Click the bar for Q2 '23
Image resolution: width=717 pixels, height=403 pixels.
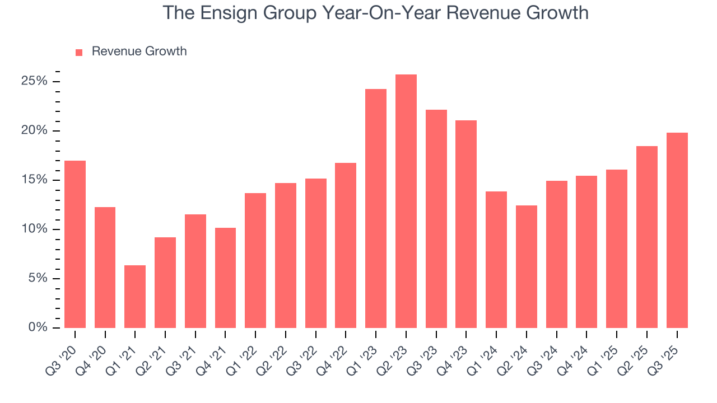(x=406, y=201)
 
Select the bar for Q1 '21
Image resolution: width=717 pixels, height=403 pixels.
(x=135, y=297)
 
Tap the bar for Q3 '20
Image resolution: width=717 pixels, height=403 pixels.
(x=75, y=244)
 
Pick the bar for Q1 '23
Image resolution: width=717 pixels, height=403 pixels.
(x=376, y=208)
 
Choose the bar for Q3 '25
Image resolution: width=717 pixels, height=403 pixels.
(x=677, y=230)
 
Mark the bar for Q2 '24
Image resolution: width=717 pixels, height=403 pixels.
(x=527, y=266)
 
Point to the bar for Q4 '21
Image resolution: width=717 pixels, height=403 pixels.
(x=225, y=278)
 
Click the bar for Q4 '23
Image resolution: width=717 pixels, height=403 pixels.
(x=466, y=224)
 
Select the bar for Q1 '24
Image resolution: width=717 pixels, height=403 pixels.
(x=496, y=260)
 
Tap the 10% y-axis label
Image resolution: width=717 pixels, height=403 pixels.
(x=35, y=229)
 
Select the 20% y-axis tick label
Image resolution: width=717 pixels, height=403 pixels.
(x=35, y=131)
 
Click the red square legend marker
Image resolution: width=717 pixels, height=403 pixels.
(x=79, y=52)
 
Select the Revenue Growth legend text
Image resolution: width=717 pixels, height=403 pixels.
(x=139, y=51)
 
